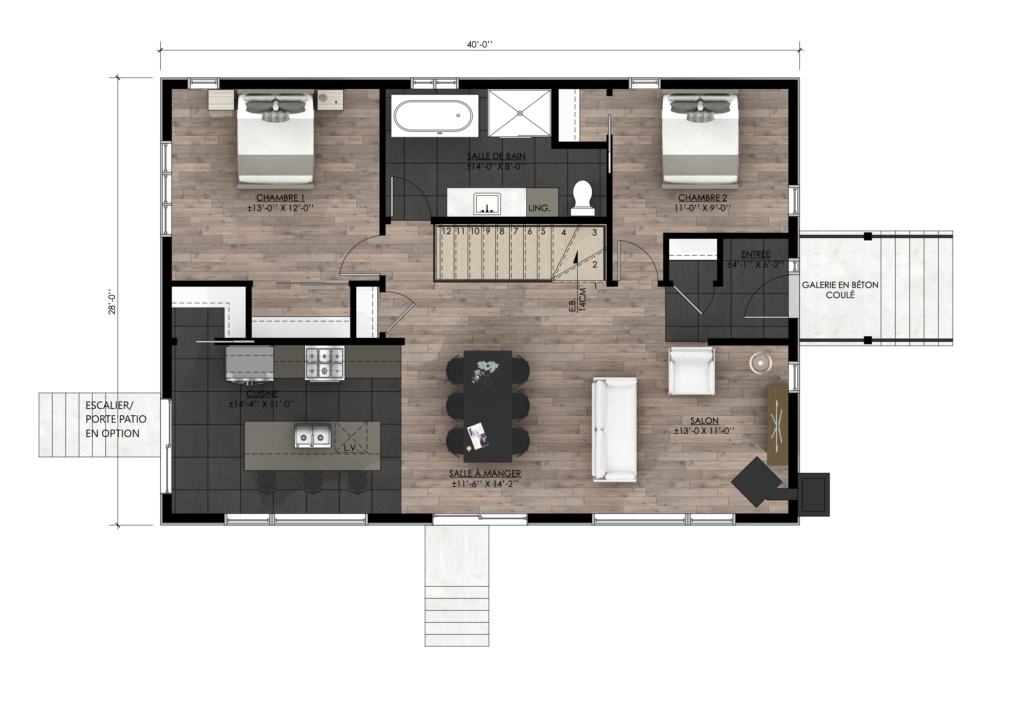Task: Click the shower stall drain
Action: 520,113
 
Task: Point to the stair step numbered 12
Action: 447,231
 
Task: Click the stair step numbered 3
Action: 594,233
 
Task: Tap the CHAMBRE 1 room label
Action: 280,198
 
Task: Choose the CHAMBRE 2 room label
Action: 703,198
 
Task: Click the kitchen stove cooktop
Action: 325,363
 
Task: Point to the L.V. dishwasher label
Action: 350,448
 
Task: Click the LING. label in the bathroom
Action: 539,208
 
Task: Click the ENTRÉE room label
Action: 756,254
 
